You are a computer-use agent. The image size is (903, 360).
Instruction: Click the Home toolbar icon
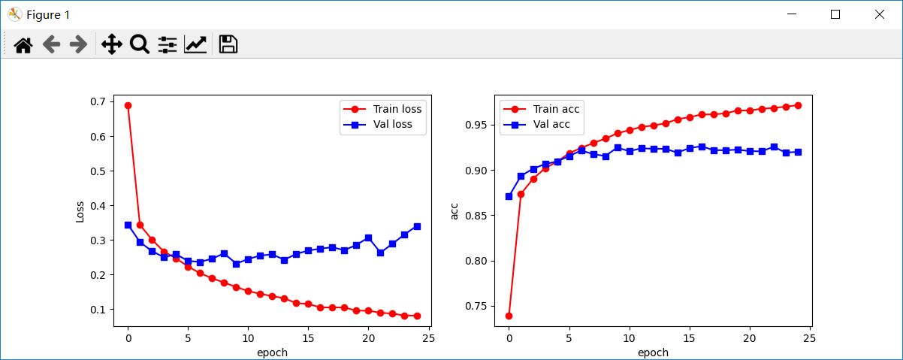point(23,45)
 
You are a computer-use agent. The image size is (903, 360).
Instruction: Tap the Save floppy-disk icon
point(228,44)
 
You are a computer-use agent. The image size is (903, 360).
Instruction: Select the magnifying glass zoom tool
point(139,44)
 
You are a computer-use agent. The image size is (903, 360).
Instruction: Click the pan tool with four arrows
point(111,44)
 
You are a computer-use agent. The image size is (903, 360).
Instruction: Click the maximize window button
point(835,14)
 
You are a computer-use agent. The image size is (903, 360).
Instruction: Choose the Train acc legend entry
point(556,109)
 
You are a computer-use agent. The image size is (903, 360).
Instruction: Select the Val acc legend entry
point(551,125)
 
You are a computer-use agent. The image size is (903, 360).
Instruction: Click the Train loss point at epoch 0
point(128,105)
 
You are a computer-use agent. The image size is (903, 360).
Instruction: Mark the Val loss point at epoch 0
point(128,225)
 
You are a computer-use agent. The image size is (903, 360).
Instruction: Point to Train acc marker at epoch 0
point(509,316)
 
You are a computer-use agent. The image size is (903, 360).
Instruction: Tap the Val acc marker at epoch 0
point(509,196)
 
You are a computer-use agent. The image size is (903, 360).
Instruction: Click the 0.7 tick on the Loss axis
point(98,102)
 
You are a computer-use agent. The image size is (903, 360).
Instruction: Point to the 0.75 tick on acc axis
point(475,307)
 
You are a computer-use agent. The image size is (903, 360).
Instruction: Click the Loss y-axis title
point(80,211)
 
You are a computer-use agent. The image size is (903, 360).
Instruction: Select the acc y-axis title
point(454,211)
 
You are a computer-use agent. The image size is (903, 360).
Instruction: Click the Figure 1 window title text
point(47,14)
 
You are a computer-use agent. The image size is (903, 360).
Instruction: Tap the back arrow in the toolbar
point(51,45)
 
